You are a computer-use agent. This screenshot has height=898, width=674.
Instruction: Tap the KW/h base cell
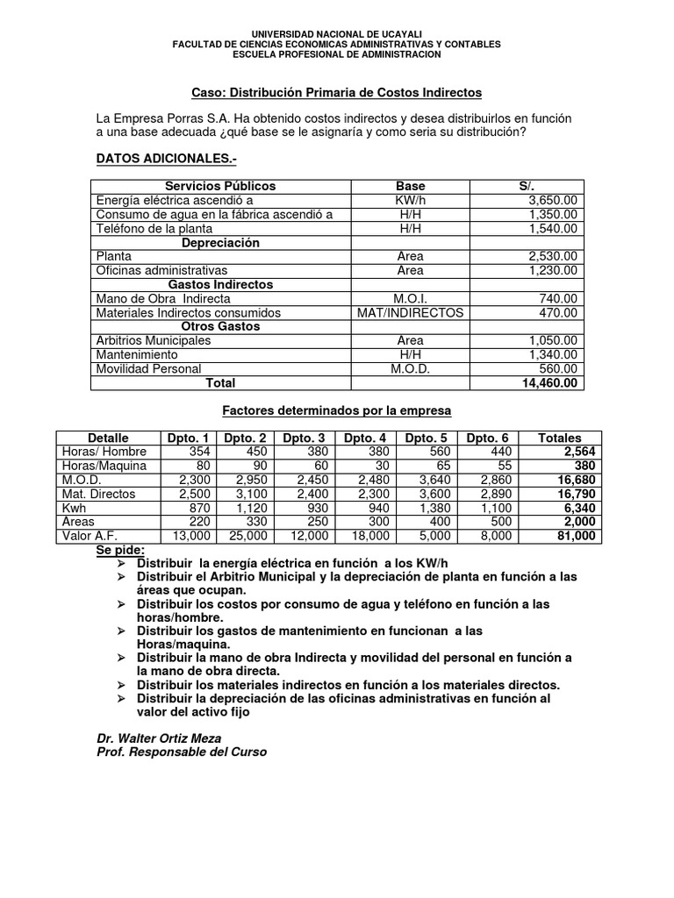click(410, 200)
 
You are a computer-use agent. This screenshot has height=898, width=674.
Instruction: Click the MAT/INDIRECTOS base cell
click(410, 312)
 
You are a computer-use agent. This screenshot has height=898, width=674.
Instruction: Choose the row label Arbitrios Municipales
click(154, 340)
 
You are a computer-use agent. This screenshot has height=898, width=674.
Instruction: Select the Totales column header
click(559, 438)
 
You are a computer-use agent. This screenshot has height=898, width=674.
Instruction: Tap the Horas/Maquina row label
click(104, 466)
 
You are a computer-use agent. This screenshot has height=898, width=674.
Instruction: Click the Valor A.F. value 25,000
click(245, 536)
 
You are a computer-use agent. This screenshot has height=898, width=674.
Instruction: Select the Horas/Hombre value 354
click(190, 452)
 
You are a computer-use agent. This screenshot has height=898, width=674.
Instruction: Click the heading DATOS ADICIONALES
click(166, 158)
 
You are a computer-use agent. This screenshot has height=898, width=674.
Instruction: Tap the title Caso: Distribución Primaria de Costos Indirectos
click(336, 92)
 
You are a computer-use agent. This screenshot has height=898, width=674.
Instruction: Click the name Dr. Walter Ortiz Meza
click(158, 738)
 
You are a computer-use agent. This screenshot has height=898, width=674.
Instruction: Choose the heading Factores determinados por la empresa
click(336, 410)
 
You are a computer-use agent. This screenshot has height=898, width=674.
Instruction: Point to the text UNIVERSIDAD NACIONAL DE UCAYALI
click(336, 32)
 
